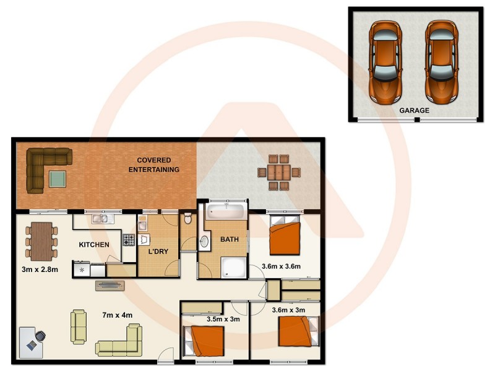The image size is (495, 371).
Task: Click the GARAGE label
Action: (x=414, y=110)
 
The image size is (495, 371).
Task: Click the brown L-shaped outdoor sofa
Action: (x=43, y=166)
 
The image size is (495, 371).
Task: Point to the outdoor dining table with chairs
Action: (x=280, y=171)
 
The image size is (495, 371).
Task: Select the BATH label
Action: (x=230, y=240)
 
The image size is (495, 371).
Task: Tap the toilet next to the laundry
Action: (x=187, y=219)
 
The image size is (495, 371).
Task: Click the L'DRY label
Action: (x=159, y=252)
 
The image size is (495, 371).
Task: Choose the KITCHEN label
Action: (x=94, y=245)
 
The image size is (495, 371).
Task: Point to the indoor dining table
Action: (x=41, y=241)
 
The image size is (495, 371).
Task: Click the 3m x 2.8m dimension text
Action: (x=40, y=270)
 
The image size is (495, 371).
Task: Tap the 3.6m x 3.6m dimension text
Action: (x=281, y=267)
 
